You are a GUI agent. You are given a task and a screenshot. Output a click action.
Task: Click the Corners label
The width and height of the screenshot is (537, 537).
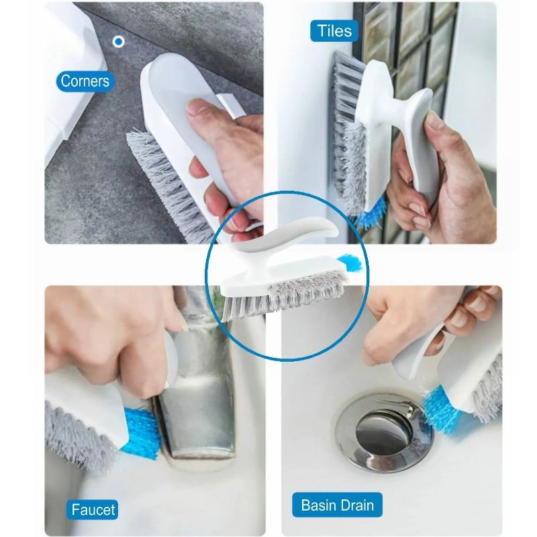point(85,81)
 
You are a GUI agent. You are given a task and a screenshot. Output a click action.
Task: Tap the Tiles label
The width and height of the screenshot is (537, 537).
point(334,31)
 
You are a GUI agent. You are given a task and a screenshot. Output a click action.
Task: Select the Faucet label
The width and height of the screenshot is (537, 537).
point(93,509)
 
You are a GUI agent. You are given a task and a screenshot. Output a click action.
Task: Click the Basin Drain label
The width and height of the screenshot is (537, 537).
point(337,505)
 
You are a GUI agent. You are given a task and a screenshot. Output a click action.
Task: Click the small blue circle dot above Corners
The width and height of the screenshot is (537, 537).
point(119,42)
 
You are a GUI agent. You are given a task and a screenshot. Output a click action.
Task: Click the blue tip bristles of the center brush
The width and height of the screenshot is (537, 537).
point(350,262)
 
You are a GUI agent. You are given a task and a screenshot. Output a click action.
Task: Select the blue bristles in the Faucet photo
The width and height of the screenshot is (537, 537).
point(141,432)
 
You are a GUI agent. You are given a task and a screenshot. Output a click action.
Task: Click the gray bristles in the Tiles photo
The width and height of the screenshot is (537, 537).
point(348,134)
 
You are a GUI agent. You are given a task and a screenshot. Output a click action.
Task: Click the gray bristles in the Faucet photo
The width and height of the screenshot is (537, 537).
point(79,435)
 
